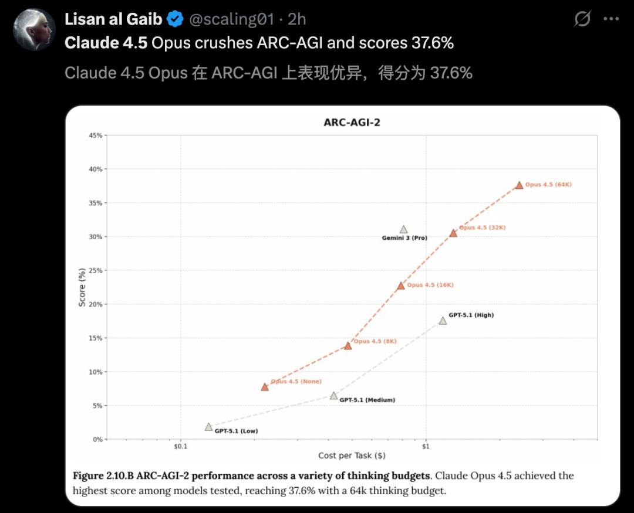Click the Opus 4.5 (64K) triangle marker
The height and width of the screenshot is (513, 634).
(519, 185)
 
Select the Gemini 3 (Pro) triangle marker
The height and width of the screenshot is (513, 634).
(403, 230)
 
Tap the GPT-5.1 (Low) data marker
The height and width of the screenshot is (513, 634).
(208, 427)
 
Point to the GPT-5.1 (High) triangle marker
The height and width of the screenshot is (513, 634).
(443, 321)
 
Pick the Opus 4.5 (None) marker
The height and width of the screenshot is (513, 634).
(265, 387)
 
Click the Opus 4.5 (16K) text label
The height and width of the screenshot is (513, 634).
(430, 285)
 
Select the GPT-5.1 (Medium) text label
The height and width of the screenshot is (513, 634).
(367, 400)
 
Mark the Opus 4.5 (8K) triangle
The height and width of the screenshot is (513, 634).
(348, 346)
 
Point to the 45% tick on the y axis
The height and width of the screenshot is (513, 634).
(95, 135)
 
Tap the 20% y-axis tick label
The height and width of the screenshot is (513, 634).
(95, 304)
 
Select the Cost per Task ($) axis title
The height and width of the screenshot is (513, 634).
(352, 456)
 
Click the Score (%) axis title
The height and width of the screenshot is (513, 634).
(82, 287)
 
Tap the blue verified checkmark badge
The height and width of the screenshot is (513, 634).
(175, 19)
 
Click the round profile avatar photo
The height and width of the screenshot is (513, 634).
(34, 29)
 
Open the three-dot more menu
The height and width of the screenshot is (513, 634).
(611, 19)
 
